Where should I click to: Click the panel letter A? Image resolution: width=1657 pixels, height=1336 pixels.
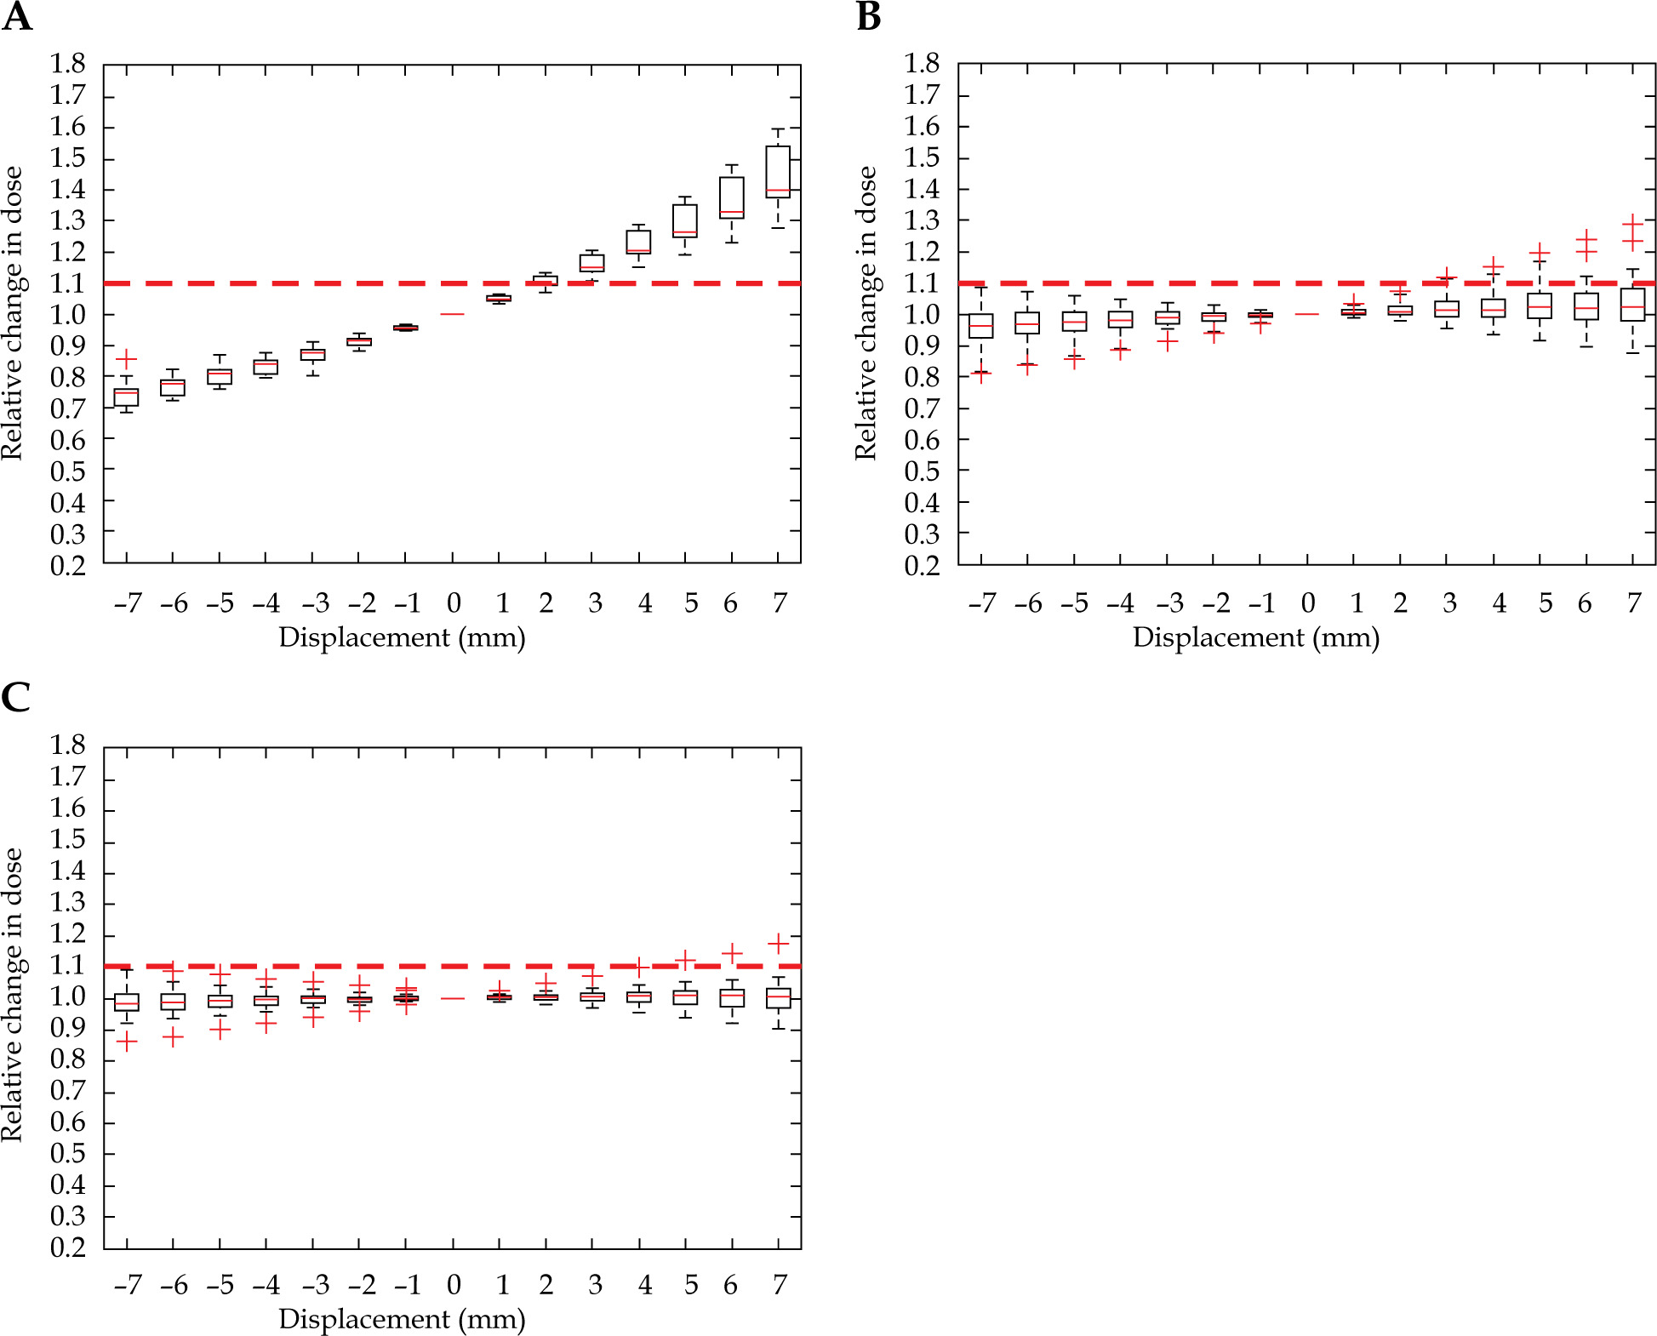click(x=17, y=17)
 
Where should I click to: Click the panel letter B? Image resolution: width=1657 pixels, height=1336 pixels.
click(x=868, y=17)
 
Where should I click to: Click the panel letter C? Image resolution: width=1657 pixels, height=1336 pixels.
click(x=15, y=698)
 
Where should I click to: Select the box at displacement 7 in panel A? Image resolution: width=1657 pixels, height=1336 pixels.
click(x=778, y=172)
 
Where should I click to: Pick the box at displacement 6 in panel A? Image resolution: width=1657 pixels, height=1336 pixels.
click(x=732, y=197)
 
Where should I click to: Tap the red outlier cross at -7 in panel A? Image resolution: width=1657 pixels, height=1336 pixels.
click(x=126, y=359)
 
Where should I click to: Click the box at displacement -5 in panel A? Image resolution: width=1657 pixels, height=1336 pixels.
click(x=220, y=376)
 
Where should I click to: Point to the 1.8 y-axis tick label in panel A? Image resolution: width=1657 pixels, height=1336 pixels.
click(x=67, y=64)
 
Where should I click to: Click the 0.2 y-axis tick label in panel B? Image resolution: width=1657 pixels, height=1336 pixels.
click(x=922, y=565)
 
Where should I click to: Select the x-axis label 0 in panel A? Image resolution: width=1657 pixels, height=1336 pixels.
click(x=454, y=603)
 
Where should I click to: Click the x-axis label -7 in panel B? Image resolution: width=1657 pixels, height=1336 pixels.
click(x=981, y=603)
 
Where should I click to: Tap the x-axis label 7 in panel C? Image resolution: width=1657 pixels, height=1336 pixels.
click(x=780, y=1285)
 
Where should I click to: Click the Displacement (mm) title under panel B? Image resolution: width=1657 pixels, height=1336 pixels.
click(x=1255, y=637)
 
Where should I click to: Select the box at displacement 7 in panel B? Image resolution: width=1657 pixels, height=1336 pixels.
click(x=1632, y=305)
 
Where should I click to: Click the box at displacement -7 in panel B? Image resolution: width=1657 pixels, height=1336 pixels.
click(x=981, y=326)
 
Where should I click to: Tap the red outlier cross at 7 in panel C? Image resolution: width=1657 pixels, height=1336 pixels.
click(x=778, y=943)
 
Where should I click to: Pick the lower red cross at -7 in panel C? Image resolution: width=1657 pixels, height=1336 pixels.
click(x=127, y=1042)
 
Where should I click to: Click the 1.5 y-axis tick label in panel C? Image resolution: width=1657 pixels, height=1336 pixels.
click(x=67, y=840)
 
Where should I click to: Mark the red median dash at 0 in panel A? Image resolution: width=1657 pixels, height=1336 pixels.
click(x=452, y=314)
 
